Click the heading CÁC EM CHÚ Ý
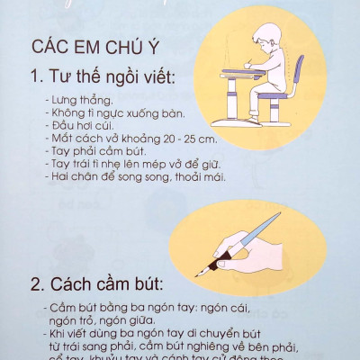[x=103, y=47]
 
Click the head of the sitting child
[x=269, y=40]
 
